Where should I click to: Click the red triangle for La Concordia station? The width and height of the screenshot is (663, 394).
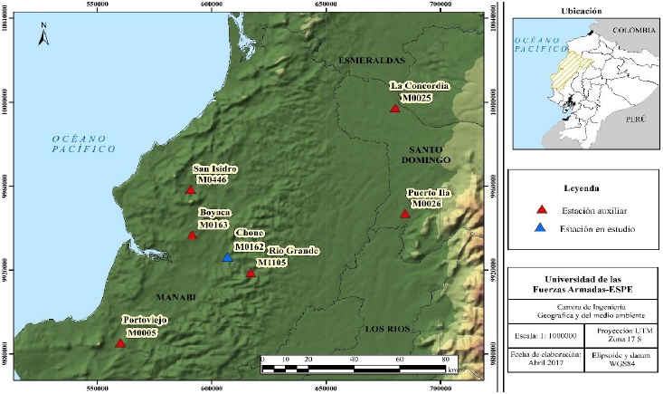coord(394,109)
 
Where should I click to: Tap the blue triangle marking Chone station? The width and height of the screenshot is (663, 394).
coord(227,258)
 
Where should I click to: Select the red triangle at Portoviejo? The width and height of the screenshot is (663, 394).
coord(120,343)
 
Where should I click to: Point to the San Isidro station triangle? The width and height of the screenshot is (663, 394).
coord(191,190)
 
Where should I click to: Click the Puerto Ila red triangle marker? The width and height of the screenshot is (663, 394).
coord(405,214)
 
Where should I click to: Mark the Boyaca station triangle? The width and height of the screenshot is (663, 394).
coord(192,235)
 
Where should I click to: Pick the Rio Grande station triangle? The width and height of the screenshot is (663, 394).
coord(251,273)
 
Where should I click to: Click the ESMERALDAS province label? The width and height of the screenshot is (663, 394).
coord(369,60)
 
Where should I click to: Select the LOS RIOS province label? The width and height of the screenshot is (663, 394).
coord(387,329)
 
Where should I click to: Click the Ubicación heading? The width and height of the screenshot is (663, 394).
coord(581,10)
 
